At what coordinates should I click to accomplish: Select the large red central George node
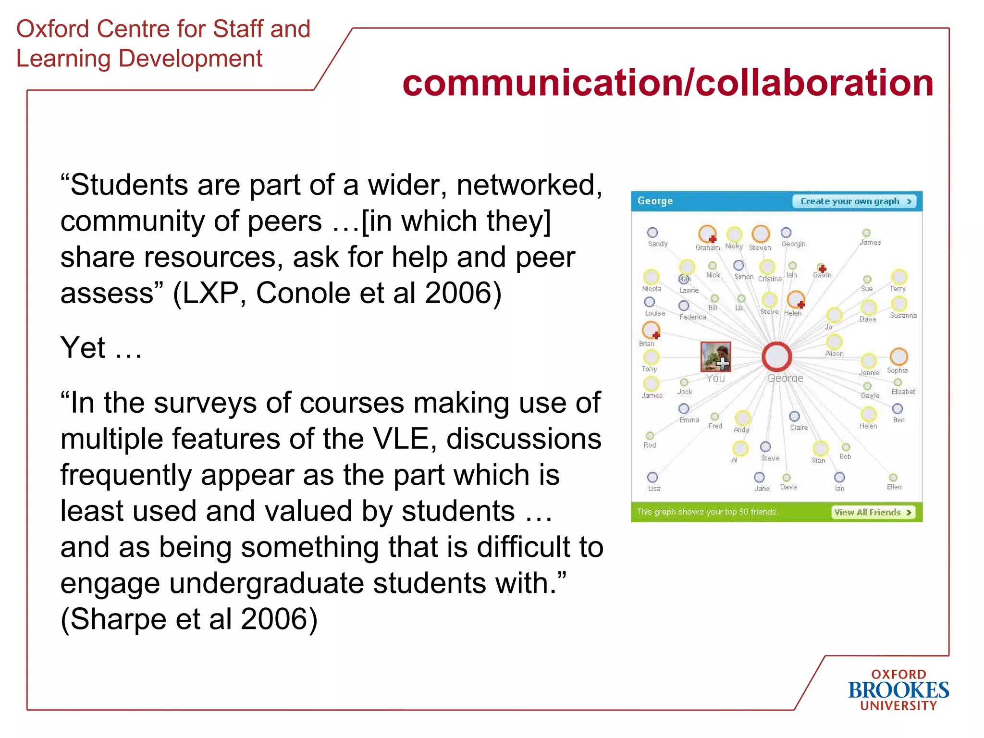point(776,357)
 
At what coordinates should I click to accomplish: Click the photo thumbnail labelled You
point(715,357)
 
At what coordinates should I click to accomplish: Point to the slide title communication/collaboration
point(668,83)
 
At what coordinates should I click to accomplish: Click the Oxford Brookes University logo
point(898,690)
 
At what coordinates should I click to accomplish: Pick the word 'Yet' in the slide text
point(83,347)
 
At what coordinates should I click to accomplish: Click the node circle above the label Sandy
point(652,233)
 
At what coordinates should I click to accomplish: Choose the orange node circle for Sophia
point(898,357)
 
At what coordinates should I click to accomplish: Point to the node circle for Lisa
point(652,477)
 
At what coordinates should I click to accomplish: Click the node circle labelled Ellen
point(893,478)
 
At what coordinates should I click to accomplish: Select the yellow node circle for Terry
point(898,277)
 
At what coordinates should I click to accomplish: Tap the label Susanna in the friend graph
point(903,316)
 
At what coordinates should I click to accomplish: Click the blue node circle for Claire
point(794,416)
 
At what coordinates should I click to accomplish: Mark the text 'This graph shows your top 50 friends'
point(707,512)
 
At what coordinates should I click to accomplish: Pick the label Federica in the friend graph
point(692,317)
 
